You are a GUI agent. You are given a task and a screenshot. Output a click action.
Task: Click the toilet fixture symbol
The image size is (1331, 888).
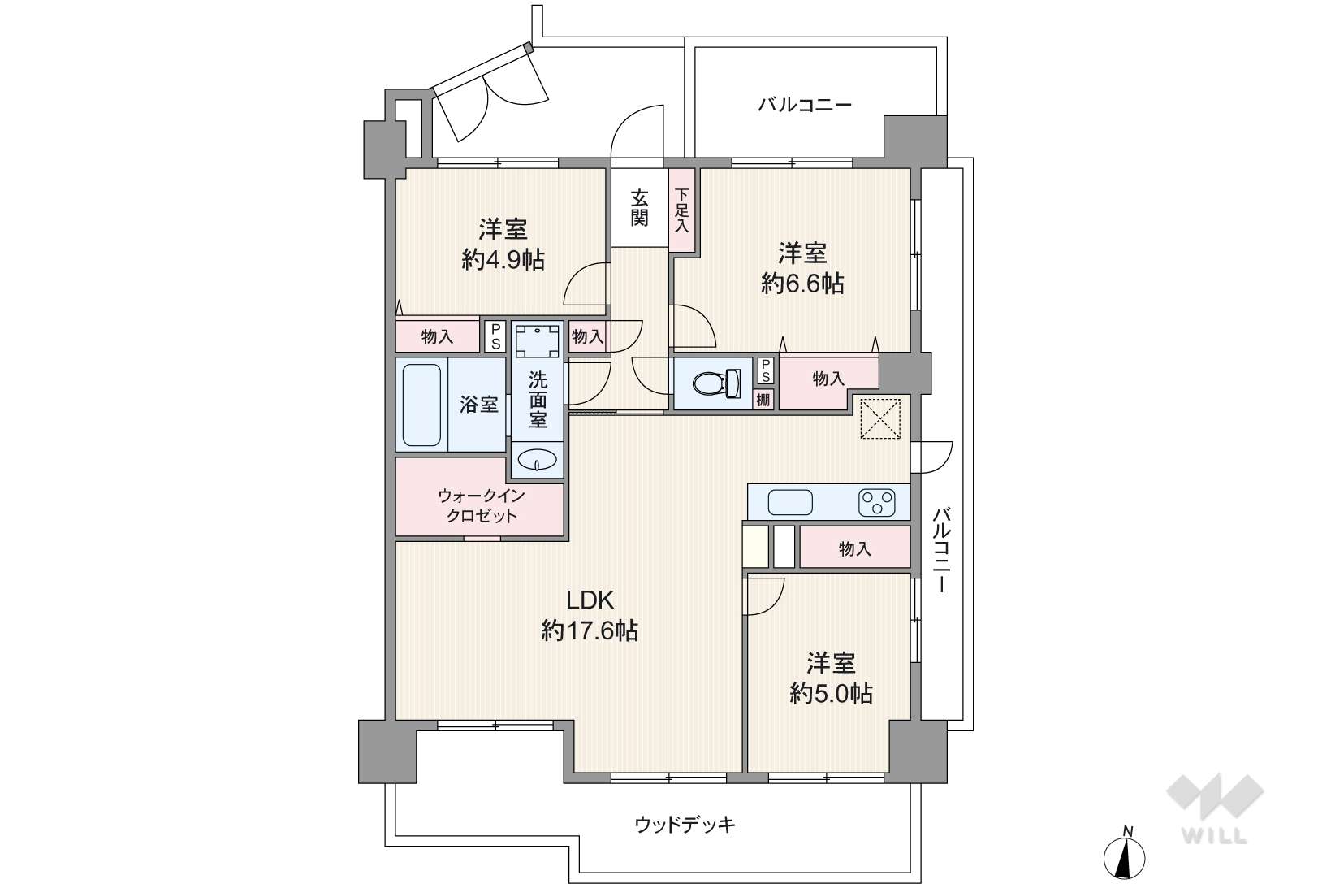[717, 383]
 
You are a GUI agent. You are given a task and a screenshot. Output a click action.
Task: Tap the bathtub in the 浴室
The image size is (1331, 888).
[421, 405]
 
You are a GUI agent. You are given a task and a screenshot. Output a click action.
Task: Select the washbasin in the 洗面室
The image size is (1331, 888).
[537, 460]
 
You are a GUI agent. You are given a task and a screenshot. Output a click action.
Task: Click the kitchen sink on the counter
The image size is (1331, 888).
[789, 503]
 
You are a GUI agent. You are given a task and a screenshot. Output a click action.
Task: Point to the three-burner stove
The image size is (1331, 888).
[876, 502]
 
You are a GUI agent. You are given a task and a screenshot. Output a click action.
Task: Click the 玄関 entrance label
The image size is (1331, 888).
[639, 207]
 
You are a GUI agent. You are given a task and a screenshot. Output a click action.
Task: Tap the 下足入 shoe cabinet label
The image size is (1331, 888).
[682, 210]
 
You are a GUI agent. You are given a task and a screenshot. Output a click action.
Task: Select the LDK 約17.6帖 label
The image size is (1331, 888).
[590, 615]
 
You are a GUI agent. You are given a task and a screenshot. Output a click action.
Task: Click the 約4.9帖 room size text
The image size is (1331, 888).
[503, 260]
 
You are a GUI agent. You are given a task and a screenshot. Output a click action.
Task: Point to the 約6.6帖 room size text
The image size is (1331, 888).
[802, 284]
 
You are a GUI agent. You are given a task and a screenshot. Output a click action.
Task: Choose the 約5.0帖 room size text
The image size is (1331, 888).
[831, 693]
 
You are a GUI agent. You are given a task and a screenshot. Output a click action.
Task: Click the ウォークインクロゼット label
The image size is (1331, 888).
[482, 505]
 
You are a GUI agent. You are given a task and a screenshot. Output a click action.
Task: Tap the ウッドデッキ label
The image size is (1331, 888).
[685, 825]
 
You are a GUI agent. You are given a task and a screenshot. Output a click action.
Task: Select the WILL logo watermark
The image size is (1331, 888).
[1215, 808]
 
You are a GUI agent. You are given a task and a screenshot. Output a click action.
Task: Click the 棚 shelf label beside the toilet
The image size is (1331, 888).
[763, 400]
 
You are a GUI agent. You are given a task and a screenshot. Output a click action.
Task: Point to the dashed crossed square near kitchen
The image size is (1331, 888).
[880, 418]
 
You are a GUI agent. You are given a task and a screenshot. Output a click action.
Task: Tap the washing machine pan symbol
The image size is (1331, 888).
[537, 340]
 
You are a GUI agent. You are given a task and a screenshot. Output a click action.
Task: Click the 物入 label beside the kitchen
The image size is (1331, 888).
[854, 548]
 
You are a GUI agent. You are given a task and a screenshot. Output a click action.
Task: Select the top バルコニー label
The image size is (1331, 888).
[805, 105]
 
